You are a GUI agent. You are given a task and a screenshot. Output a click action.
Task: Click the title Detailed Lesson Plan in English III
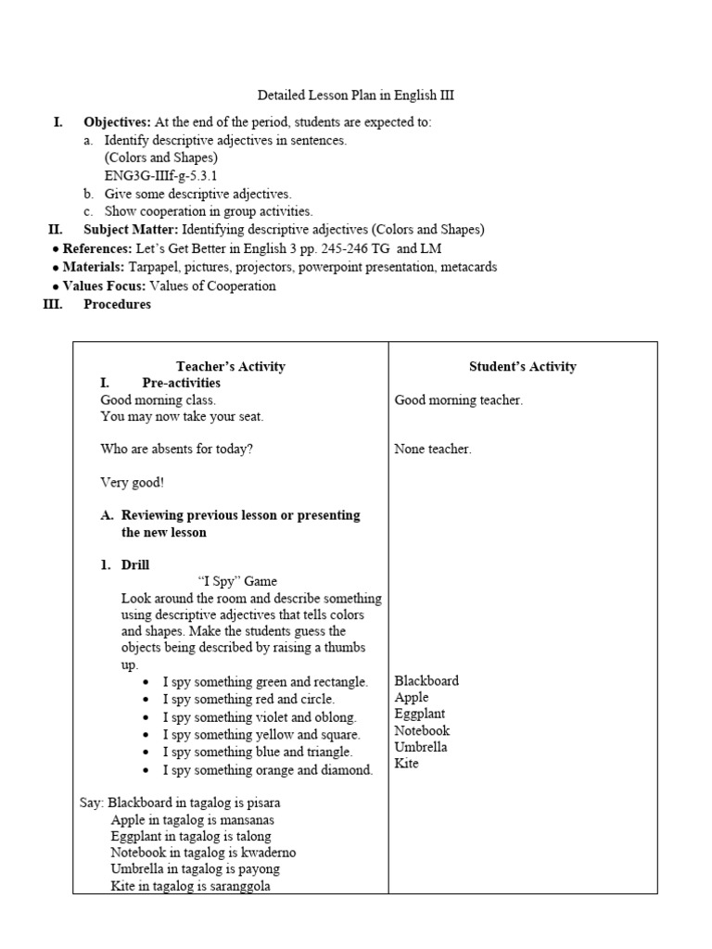pyautogui.click(x=355, y=95)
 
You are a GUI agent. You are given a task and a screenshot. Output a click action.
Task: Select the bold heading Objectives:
pyautogui.click(x=117, y=122)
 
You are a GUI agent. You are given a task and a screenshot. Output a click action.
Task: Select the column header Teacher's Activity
pyautogui.click(x=231, y=366)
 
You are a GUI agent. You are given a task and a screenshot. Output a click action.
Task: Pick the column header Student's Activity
pyautogui.click(x=522, y=366)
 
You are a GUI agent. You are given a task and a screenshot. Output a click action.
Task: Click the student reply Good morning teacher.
pyautogui.click(x=458, y=400)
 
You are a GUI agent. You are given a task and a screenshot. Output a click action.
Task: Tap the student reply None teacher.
pyautogui.click(x=432, y=449)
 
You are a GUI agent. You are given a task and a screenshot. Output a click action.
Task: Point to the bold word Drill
pyautogui.click(x=135, y=564)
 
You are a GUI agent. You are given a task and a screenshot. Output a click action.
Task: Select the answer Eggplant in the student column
pyautogui.click(x=419, y=714)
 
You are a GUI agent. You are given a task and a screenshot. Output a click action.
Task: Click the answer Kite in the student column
pyautogui.click(x=406, y=764)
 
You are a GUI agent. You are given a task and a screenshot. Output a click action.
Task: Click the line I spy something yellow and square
pyautogui.click(x=261, y=734)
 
